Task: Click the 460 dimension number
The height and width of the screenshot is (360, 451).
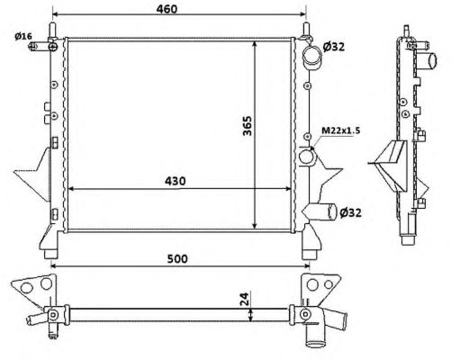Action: click(x=167, y=9)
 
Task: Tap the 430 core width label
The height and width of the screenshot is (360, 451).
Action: click(x=176, y=181)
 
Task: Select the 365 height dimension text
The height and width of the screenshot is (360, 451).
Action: click(x=248, y=125)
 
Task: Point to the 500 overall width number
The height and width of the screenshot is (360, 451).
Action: click(x=177, y=258)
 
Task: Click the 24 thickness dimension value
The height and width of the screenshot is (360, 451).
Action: click(x=245, y=299)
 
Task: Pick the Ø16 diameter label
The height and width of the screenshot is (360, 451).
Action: click(x=23, y=36)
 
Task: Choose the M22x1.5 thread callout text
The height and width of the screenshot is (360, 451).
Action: click(x=341, y=130)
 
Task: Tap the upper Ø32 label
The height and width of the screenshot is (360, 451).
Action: click(x=334, y=47)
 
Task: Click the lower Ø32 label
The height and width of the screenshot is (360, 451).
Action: click(x=350, y=212)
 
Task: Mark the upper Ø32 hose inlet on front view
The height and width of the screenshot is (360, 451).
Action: click(x=311, y=58)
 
